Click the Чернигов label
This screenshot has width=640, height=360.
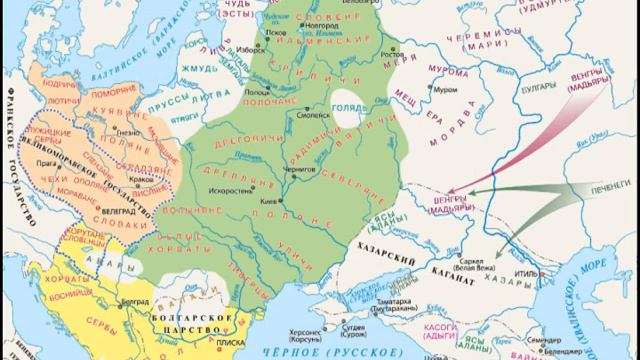316,171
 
